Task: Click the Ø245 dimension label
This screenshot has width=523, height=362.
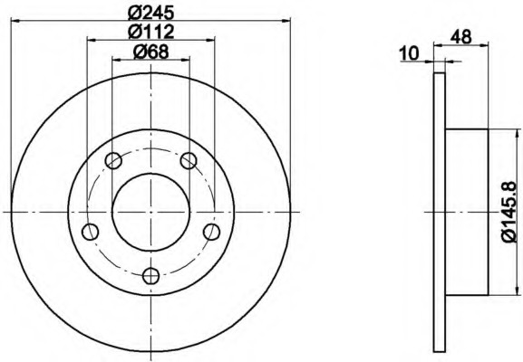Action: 151,13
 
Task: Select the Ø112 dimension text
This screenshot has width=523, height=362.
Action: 151,32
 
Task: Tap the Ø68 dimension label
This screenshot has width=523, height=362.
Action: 151,52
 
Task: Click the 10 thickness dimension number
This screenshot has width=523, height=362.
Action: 409,53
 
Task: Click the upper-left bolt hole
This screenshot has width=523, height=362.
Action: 113,160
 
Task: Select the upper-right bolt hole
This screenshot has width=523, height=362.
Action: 189,160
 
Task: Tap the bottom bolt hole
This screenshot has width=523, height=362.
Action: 151,276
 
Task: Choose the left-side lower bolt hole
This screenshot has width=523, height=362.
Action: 90,232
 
